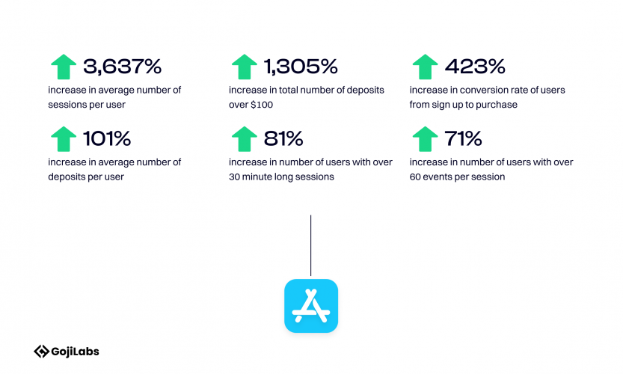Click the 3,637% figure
pos(123,67)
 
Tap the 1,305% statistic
pos(301,67)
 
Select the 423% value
pos(475,67)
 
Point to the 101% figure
pos(107,138)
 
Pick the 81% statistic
pos(283,138)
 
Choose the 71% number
pos(463,138)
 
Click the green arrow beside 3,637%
pos(64,67)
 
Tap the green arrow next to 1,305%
pos(245,67)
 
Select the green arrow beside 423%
pos(425,67)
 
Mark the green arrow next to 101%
pos(64,139)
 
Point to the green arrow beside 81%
pos(245,139)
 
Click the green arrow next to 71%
pos(425,139)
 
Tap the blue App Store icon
pos(311,306)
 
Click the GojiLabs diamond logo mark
pos(41,352)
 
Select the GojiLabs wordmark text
pos(75,352)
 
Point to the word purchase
pos(500,105)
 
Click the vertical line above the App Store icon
pos(310,245)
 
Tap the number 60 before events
pos(415,177)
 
